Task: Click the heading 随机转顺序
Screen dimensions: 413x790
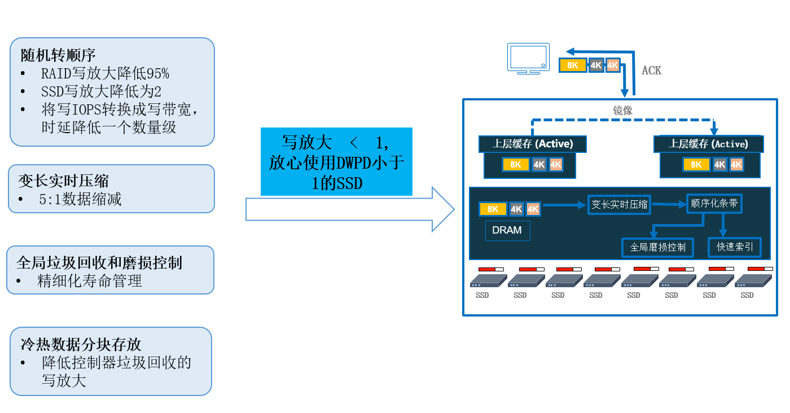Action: tap(58, 55)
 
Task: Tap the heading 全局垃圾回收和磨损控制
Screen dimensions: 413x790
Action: tap(99, 262)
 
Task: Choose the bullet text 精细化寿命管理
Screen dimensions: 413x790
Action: tap(89, 280)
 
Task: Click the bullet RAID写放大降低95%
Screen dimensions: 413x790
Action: tap(105, 73)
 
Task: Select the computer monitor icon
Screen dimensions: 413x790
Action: tap(528, 58)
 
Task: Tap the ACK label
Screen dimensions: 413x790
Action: tap(651, 71)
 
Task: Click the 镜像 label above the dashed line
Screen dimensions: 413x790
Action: tap(622, 111)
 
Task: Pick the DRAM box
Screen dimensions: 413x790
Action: tap(507, 230)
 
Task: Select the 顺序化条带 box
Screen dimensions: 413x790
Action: tap(714, 204)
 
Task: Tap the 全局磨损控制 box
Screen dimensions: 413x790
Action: tap(657, 247)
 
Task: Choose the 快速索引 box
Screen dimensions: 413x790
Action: tap(734, 247)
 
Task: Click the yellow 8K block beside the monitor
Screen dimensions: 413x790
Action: tap(573, 65)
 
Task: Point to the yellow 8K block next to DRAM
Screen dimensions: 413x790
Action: tap(493, 209)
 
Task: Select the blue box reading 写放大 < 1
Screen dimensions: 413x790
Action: tap(336, 161)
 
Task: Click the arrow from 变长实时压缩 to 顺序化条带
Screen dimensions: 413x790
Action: tap(668, 204)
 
